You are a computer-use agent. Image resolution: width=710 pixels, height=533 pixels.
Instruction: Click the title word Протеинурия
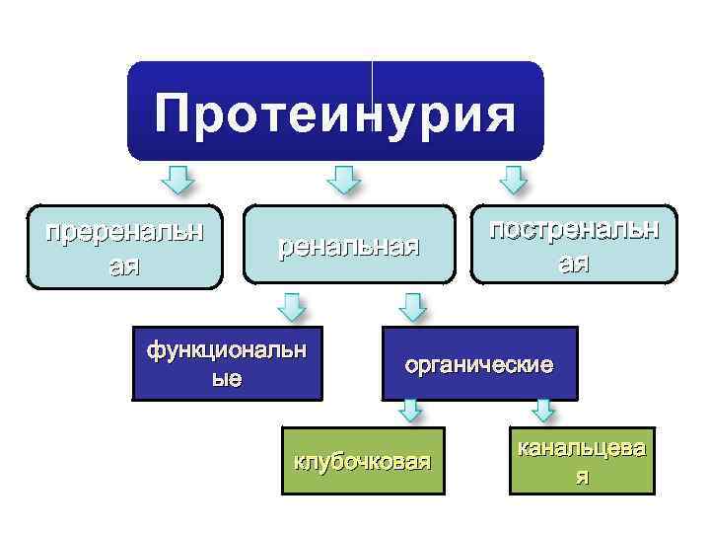point(335,114)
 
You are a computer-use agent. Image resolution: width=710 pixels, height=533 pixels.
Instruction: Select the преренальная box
point(124,247)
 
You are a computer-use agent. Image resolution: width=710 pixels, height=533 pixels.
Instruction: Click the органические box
point(478,364)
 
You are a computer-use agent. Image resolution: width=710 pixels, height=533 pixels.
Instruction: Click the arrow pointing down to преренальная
point(177,181)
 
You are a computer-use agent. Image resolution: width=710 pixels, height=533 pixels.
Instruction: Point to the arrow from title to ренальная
point(343,181)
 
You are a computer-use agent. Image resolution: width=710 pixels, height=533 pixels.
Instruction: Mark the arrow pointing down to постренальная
point(513,181)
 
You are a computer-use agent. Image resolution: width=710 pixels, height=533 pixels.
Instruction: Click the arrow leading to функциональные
point(291,306)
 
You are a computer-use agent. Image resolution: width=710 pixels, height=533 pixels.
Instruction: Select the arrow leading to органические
point(411,306)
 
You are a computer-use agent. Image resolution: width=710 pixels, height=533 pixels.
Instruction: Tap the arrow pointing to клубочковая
point(411,410)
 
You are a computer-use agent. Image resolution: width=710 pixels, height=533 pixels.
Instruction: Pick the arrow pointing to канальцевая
point(543,410)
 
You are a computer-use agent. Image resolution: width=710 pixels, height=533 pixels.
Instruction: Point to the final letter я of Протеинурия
point(497,114)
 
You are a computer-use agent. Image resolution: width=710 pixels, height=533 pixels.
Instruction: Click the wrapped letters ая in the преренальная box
point(124,266)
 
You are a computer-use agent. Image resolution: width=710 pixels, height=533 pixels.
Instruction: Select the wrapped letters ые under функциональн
point(227,378)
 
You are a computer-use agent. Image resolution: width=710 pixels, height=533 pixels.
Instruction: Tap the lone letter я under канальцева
point(582,478)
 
